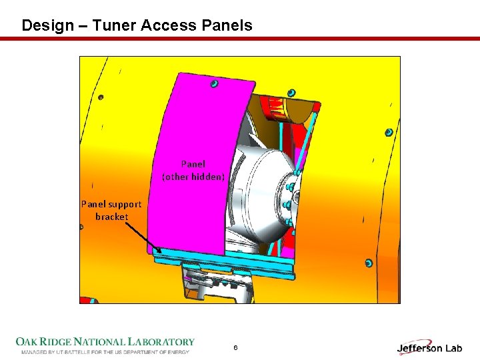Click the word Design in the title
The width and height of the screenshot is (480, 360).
[x=47, y=26]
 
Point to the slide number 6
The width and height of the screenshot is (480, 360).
[x=235, y=347]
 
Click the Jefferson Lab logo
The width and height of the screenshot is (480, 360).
[x=429, y=347]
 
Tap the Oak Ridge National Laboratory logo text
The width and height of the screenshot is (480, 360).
[x=105, y=342]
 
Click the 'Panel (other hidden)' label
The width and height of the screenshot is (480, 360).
[x=193, y=170]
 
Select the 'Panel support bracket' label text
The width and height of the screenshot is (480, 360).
[x=111, y=210]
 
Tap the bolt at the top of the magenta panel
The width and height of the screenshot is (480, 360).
[x=215, y=83]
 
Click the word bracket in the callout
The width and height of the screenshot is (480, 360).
[x=111, y=217]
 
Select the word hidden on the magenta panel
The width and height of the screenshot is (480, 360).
[x=209, y=177]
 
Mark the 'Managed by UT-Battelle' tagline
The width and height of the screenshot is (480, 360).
[x=105, y=351]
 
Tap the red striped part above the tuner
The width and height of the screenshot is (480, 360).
[x=280, y=107]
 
